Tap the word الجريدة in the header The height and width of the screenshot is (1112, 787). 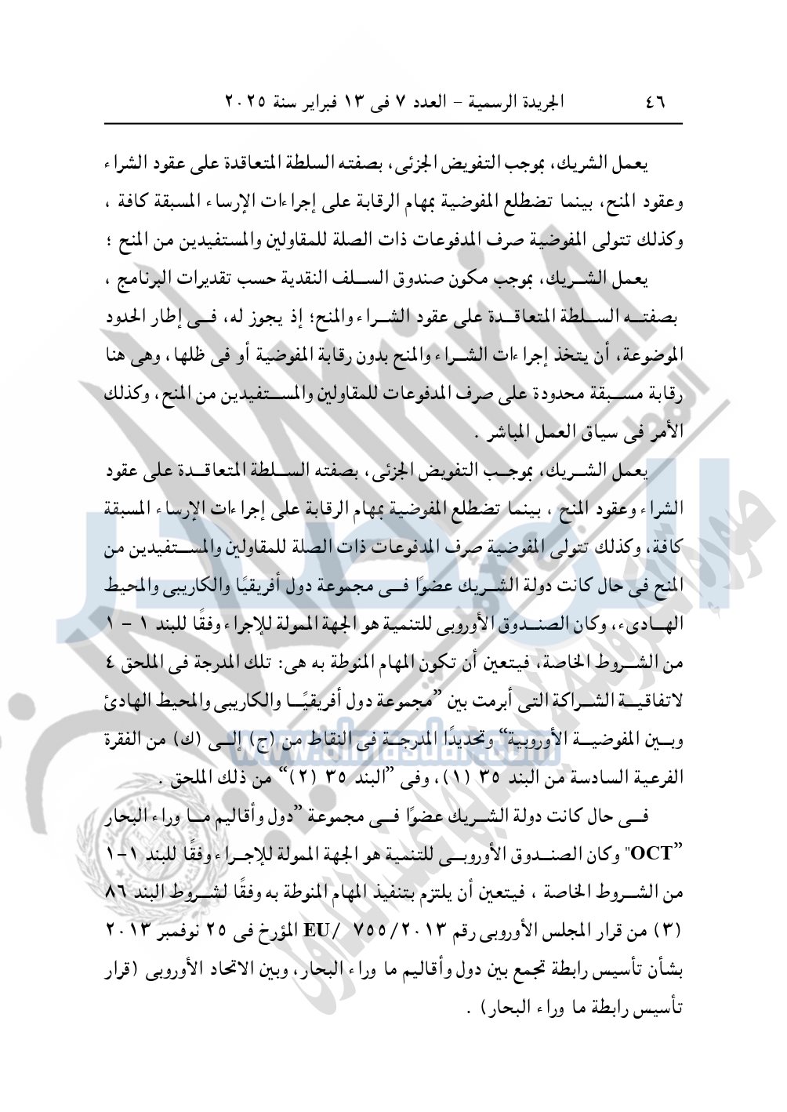[x=536, y=103]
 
